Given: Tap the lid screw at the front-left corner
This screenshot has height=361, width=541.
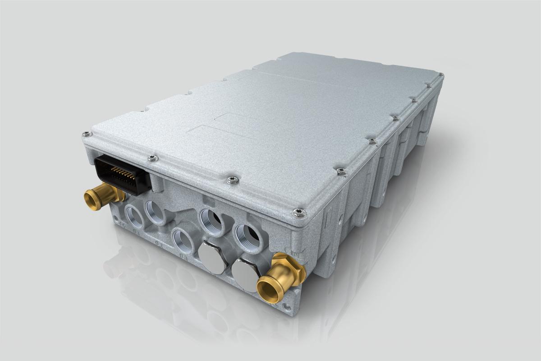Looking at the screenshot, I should pyautogui.click(x=86, y=134).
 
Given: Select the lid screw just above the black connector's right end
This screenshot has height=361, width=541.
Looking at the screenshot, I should pyautogui.click(x=152, y=158).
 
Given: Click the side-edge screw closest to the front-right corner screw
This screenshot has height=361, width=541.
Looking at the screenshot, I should pyautogui.click(x=341, y=171).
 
